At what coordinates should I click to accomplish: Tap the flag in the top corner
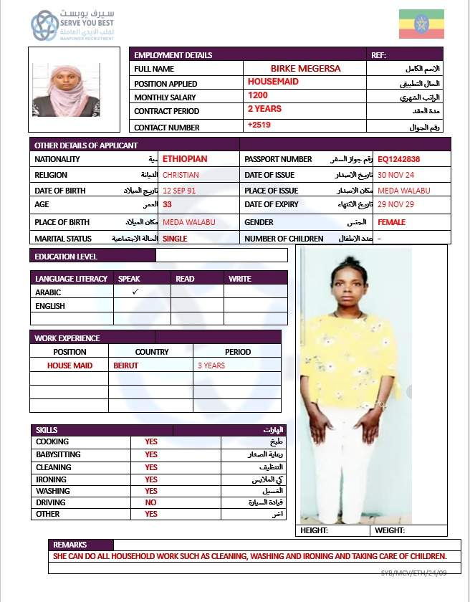tap(421, 24)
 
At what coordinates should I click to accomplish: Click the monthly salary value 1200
tap(258, 95)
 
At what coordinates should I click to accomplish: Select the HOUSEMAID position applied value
tap(273, 82)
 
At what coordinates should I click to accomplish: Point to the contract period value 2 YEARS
tap(264, 109)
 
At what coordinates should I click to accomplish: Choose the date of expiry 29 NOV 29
tap(395, 206)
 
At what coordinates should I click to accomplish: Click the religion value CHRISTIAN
tap(181, 175)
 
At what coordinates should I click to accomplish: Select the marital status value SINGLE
tap(176, 239)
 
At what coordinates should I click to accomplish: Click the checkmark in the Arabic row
tap(135, 292)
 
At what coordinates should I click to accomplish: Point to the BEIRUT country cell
tap(125, 365)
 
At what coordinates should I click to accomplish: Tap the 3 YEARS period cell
tap(211, 365)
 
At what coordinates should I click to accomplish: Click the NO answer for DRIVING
tap(150, 502)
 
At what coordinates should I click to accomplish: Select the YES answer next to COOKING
tap(151, 441)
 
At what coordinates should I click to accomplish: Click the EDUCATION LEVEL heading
tap(66, 256)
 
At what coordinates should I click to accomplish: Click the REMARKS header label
tap(69, 545)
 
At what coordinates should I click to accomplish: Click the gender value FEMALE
tap(391, 222)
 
